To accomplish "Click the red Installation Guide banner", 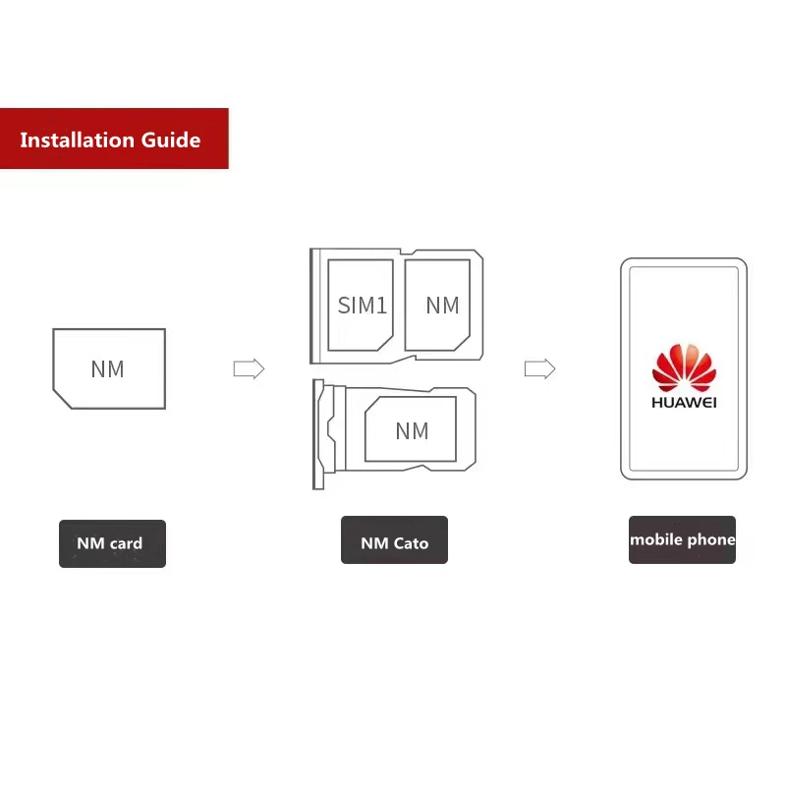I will coord(114,139).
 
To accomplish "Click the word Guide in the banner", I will coord(171,140).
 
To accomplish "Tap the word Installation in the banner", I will coord(78,140).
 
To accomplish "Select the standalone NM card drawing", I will coord(109,368).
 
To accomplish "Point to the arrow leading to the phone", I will coord(540,369).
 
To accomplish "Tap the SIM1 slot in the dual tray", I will coord(361,306).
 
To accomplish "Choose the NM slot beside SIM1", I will coord(442,306).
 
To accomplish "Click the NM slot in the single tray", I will coord(411,430).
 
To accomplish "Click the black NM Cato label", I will coord(394,541).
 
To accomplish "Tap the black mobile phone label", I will coord(682,539).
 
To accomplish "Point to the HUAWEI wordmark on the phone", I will coord(684,401).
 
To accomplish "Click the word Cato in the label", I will coord(411,542).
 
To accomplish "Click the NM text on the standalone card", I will coord(108,369).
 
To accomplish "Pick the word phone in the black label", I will coord(711,539).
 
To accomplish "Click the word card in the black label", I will coord(126,543).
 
